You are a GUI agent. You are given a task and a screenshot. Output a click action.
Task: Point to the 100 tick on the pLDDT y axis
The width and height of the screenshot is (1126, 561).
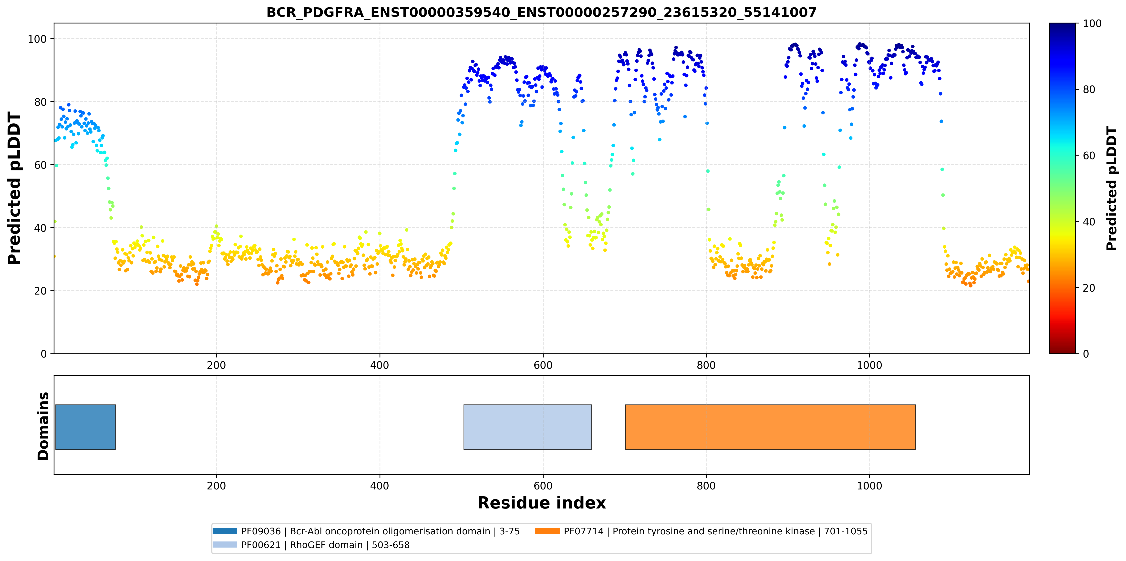point(37,39)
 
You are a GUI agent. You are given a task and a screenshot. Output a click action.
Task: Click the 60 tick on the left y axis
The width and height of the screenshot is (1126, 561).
point(40,165)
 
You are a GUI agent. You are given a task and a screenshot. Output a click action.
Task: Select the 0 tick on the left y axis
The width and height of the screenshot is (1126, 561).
point(44,354)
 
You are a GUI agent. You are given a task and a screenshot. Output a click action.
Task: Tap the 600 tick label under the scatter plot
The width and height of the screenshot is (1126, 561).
point(543,365)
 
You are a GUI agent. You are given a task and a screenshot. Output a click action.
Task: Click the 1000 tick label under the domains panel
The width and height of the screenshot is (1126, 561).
point(869,486)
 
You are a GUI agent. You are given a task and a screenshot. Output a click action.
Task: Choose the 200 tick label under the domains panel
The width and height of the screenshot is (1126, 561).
point(216,486)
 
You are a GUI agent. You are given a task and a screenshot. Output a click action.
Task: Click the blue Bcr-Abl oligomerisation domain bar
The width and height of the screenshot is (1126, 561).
point(86,427)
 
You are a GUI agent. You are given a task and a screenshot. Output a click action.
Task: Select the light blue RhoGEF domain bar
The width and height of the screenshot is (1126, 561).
point(527,427)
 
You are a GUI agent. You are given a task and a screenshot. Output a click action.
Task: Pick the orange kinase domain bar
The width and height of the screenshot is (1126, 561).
point(770,427)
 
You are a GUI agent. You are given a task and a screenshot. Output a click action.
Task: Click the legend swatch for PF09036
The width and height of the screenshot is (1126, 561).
point(225,531)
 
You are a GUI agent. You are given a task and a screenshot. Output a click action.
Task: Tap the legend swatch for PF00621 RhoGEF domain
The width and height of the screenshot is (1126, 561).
point(225,544)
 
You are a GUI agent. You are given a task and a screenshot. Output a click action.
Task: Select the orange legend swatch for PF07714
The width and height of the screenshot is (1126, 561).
point(547,531)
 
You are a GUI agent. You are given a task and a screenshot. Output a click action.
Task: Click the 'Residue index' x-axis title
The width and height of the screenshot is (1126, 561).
point(542,503)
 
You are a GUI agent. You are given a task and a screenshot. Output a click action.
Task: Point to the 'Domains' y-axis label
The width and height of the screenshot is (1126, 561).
point(43,426)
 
